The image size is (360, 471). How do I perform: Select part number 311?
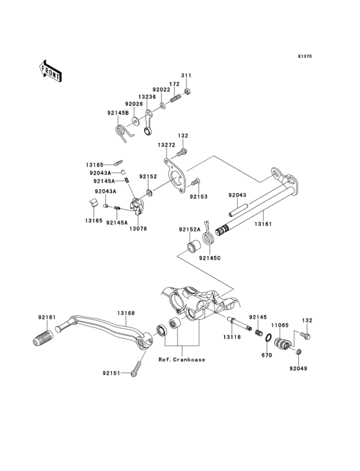pos(186,77)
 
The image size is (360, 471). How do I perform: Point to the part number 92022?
pos(161,90)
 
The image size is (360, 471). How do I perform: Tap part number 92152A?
pos(190,229)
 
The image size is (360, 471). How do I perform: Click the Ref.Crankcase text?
pos(182,360)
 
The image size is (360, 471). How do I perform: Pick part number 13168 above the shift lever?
pos(125,313)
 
